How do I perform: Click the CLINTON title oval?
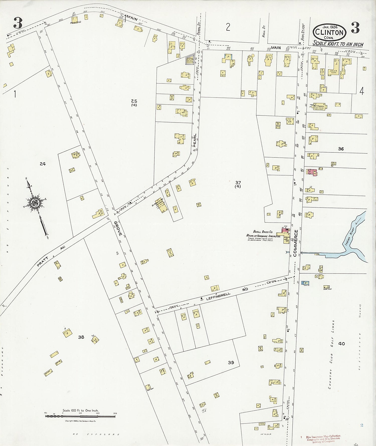click(329, 32)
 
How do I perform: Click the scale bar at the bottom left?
click(80, 416)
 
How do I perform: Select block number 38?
click(81, 337)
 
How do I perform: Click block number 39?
click(231, 363)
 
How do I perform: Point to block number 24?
click(43, 164)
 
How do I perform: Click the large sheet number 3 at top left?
click(18, 23)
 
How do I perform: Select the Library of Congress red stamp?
click(323, 438)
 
